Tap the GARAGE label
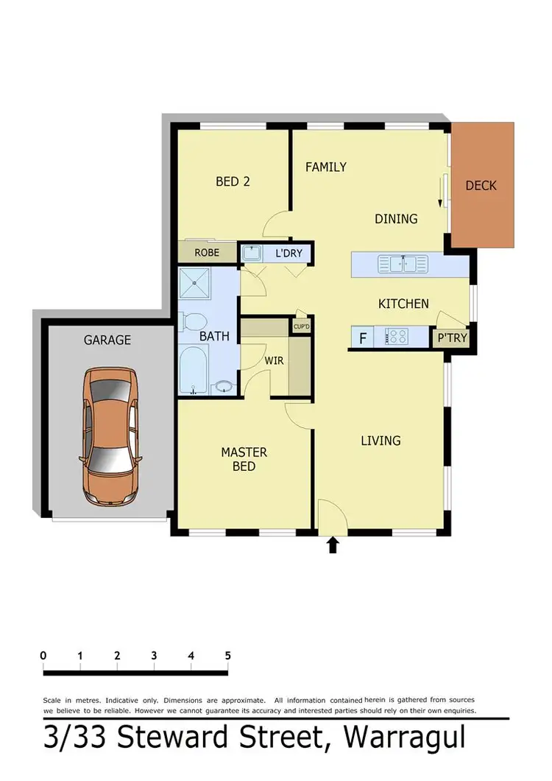click(107, 340)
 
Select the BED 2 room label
click(233, 181)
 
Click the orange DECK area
click(481, 186)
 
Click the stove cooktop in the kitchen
click(397, 337)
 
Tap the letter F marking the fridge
click(362, 339)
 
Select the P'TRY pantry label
click(451, 339)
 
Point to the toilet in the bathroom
click(194, 323)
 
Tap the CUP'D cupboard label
click(300, 326)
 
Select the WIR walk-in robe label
click(274, 362)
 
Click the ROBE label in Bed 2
click(207, 252)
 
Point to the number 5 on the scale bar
click(227, 655)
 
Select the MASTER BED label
click(244, 459)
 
